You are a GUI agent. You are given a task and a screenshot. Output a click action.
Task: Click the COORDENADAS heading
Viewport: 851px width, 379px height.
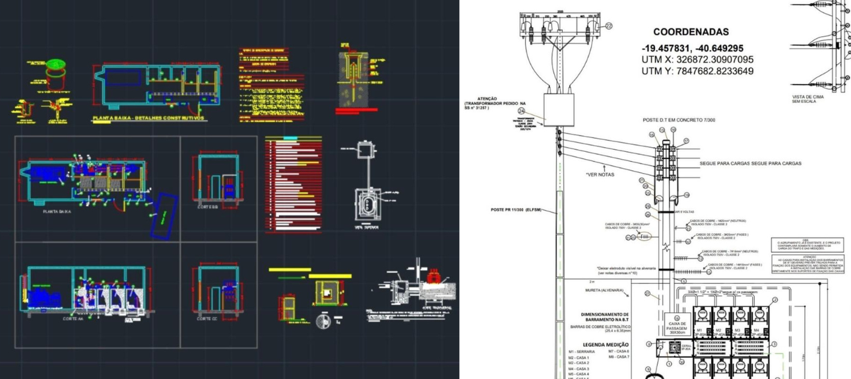pyautogui.click(x=691, y=32)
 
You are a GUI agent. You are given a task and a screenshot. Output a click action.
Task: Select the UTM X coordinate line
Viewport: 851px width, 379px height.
pyautogui.click(x=697, y=59)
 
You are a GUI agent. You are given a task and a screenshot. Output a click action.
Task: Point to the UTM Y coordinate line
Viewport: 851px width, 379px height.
pyautogui.click(x=697, y=71)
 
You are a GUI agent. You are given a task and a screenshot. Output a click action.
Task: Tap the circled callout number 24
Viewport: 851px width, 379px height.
pyautogui.click(x=521, y=112)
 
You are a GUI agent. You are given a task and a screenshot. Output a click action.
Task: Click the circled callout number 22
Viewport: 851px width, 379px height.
pyautogui.click(x=608, y=26)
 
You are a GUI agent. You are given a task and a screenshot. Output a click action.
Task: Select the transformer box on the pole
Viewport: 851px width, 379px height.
pyautogui.click(x=558, y=110)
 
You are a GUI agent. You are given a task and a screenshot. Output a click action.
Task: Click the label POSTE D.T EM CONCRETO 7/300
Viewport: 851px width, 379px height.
pyautogui.click(x=679, y=120)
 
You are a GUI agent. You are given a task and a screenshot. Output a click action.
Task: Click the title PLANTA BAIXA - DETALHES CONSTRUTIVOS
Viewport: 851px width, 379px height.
pyautogui.click(x=148, y=118)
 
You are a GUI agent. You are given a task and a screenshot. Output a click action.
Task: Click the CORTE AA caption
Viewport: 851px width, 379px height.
pyautogui.click(x=55, y=318)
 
